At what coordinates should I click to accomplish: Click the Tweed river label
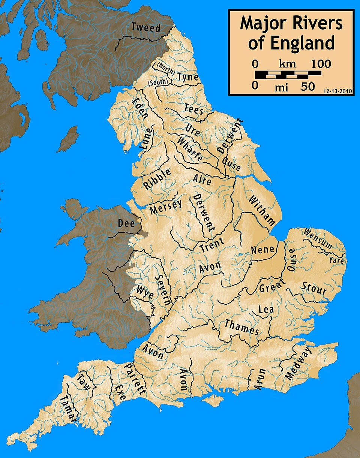coord(146,28)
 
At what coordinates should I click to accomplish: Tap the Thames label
coord(242,326)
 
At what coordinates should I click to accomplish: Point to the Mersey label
coord(166,207)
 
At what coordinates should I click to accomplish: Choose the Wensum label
coord(318,239)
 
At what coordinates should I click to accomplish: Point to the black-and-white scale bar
coord(288,74)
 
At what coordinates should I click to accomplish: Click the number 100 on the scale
coord(321,64)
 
